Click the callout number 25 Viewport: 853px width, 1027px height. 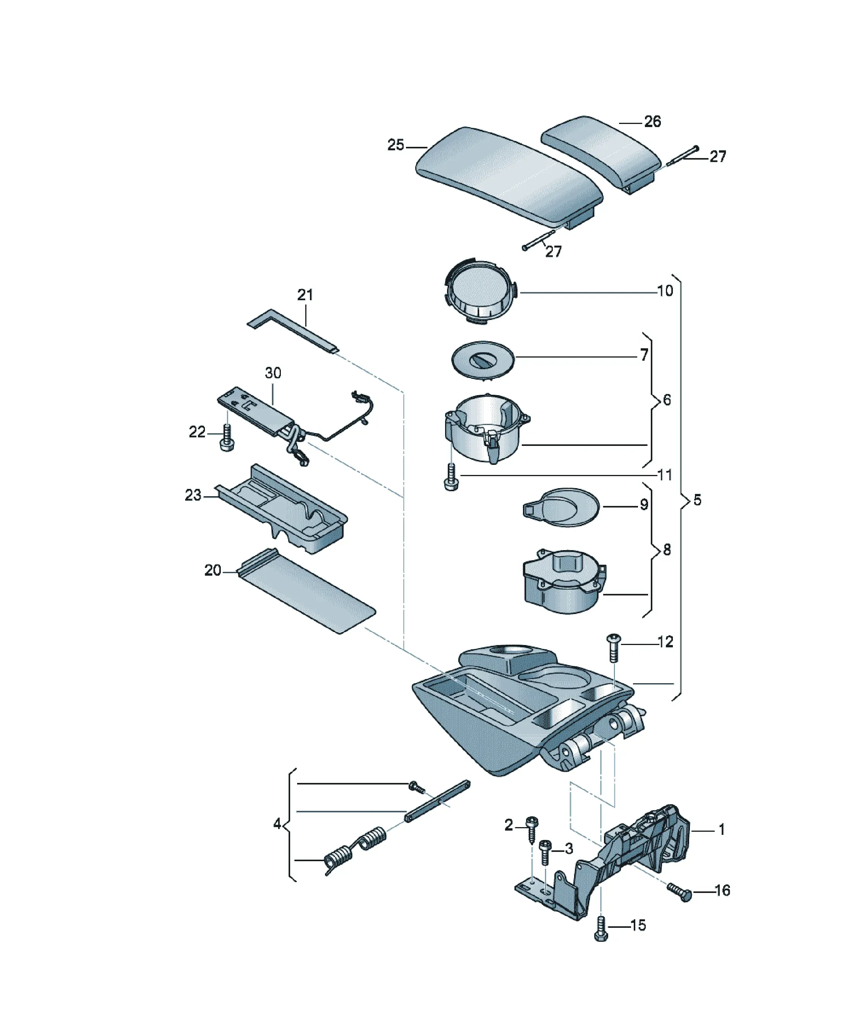click(x=396, y=145)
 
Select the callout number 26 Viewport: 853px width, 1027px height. click(x=652, y=121)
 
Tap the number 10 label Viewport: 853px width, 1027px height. click(x=665, y=291)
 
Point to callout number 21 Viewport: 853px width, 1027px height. click(x=305, y=294)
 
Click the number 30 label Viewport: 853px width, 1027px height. click(x=273, y=373)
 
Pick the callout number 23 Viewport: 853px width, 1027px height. click(x=193, y=495)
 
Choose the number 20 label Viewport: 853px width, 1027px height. click(x=213, y=570)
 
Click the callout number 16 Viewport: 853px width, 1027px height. click(x=722, y=891)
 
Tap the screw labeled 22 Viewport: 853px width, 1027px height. click(x=227, y=438)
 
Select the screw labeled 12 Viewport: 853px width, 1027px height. click(x=613, y=647)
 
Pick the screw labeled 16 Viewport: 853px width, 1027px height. click(x=680, y=891)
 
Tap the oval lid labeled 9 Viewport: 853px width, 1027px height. click(x=561, y=507)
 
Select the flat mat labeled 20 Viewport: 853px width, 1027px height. click(x=306, y=591)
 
